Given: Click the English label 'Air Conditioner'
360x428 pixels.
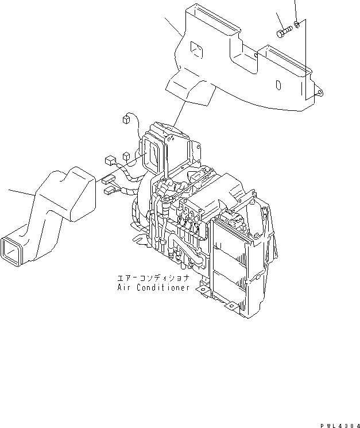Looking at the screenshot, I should (153, 287).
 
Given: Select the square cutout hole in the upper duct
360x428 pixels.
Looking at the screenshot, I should (196, 51).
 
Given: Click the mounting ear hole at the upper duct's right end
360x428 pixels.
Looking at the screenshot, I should (320, 90).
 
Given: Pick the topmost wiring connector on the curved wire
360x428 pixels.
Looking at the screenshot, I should (125, 120).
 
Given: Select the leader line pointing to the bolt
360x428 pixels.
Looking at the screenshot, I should (280, 20).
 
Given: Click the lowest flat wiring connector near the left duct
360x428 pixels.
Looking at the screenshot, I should (109, 186).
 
